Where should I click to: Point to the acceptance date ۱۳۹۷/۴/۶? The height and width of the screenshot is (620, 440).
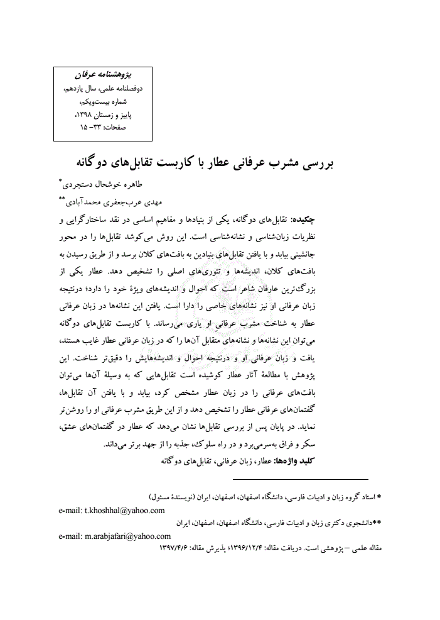click(x=174, y=548)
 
